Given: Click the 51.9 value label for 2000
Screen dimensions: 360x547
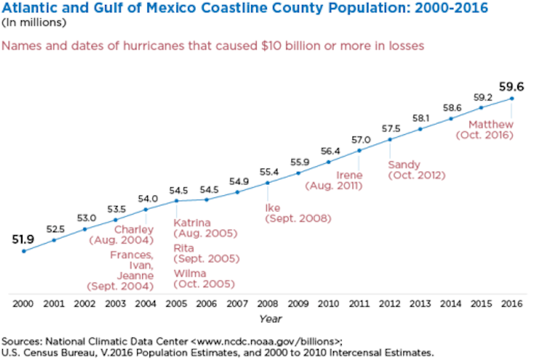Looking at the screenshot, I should pos(24,237).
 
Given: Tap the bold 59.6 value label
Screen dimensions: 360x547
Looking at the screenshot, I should pos(511,85).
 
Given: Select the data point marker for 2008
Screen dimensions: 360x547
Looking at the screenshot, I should pos(268,183).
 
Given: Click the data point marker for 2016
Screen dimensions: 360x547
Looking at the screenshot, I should pos(512,98).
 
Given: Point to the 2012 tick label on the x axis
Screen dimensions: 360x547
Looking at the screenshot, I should pos(390,302).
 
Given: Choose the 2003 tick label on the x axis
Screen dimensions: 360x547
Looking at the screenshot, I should pos(115,302).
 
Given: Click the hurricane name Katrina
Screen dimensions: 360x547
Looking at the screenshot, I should pos(192,222).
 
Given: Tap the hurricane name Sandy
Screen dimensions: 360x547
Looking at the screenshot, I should pos(405,164).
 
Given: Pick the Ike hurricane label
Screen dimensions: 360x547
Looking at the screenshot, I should pos(273,207).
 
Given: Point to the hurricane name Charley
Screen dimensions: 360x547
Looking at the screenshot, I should pos(135,230).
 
